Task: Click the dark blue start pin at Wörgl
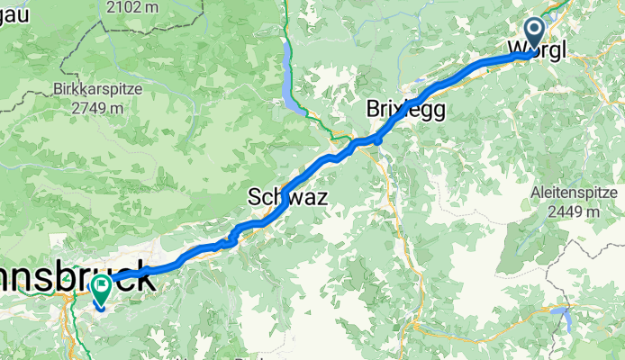(533, 33)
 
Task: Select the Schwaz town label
(287, 198)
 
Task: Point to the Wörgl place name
(538, 49)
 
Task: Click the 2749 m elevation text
(92, 108)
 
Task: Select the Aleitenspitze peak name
(572, 193)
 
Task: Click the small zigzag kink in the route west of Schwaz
(232, 237)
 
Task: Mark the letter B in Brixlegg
(374, 109)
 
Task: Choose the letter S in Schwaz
(255, 198)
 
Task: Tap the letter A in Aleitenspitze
(536, 193)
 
